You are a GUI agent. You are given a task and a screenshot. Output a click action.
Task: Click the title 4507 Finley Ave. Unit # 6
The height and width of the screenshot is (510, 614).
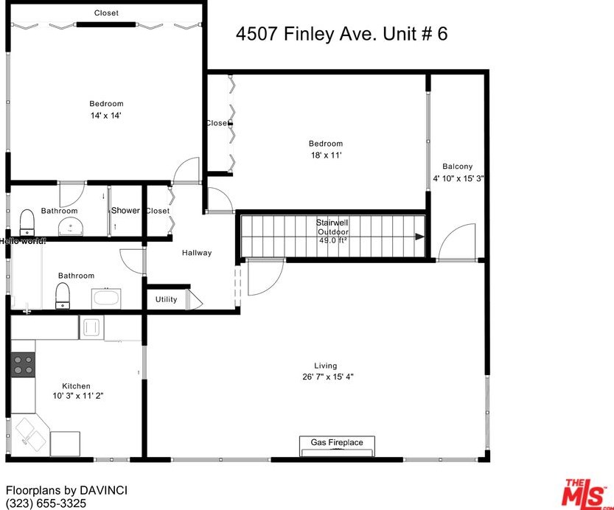point(341,34)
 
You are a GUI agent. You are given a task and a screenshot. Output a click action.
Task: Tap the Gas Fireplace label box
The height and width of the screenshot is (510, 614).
point(337,443)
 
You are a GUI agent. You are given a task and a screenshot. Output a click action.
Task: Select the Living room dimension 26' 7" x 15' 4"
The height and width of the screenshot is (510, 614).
point(325,377)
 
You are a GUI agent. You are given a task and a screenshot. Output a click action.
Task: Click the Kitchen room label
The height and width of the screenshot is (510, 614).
point(76,386)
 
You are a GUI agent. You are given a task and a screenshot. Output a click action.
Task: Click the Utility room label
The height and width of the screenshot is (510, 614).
point(166,300)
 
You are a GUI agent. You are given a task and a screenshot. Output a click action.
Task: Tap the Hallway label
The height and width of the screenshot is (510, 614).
point(197,253)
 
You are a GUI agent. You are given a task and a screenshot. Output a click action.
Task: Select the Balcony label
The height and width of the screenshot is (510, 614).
point(457,167)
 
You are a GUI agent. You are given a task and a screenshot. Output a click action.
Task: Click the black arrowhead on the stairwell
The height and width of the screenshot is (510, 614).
point(420,237)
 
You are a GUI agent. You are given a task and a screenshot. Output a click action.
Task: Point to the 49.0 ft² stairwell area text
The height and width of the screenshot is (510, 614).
point(332,240)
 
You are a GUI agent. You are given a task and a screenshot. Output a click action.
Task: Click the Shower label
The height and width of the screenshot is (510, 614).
point(125,211)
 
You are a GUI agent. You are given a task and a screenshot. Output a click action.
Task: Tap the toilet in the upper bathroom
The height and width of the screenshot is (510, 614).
point(27,220)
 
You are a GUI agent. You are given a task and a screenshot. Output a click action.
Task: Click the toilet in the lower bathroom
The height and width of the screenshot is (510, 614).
point(63,296)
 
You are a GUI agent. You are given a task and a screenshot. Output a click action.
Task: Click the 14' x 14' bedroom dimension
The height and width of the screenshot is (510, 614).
point(106,115)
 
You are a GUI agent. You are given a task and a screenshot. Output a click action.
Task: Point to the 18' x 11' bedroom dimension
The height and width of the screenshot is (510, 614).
point(325,155)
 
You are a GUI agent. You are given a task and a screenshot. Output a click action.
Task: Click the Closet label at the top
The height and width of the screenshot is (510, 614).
point(106,13)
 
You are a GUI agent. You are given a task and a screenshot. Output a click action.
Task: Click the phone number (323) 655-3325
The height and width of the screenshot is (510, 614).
point(46,503)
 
